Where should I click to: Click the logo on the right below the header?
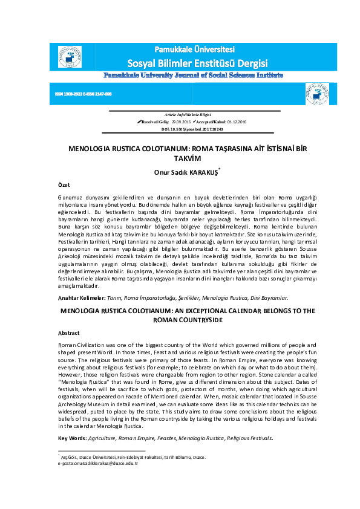point(317,94)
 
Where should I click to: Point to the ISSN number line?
point(83,94)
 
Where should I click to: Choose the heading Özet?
point(64,184)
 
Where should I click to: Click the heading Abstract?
point(68,333)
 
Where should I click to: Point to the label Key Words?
point(72,438)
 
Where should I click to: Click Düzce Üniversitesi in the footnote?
point(96,456)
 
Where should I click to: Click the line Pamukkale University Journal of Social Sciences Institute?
point(194,76)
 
